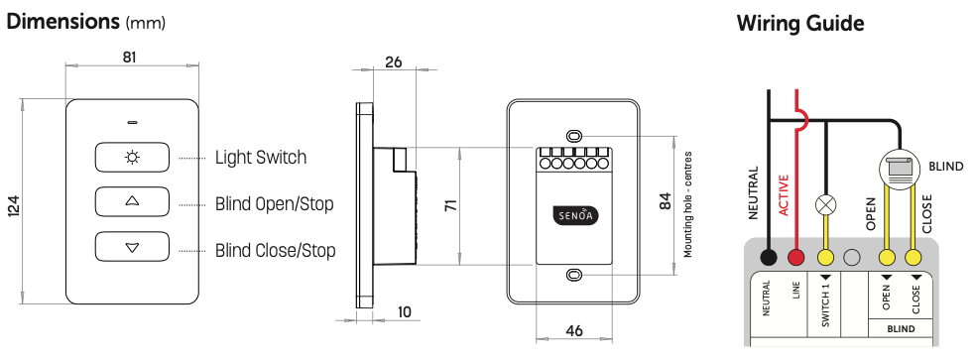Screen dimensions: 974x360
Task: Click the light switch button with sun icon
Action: (132, 157)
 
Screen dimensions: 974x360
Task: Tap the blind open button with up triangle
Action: (132, 201)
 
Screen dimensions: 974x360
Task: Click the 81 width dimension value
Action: (129, 58)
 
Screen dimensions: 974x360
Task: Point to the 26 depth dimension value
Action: (393, 61)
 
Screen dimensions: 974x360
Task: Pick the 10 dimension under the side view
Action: (405, 311)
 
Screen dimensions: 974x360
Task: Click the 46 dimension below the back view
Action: (574, 331)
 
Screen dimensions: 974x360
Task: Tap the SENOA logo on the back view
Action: (574, 217)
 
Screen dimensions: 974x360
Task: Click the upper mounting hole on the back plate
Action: (574, 136)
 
